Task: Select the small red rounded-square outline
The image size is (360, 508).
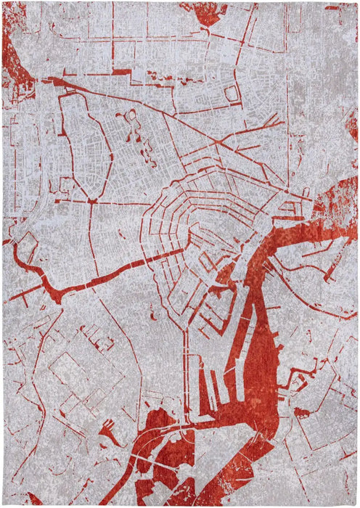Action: tap(232, 93)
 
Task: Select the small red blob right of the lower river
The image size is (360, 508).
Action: tap(300, 414)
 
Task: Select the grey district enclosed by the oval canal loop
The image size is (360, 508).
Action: tap(80, 145)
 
